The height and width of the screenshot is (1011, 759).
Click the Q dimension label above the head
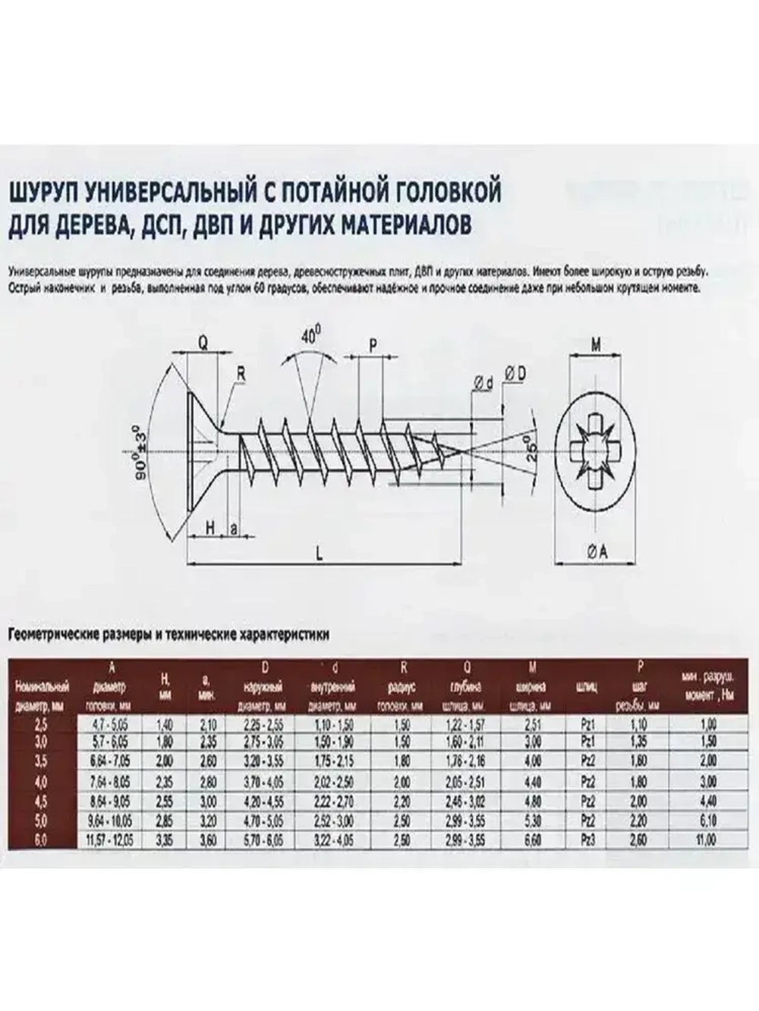203,343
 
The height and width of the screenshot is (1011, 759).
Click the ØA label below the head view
597,552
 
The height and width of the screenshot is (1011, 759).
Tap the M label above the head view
597,345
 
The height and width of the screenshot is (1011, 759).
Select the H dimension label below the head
209,528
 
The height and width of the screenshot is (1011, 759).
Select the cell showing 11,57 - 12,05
112,840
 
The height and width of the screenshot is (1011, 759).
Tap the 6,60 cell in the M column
533,840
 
